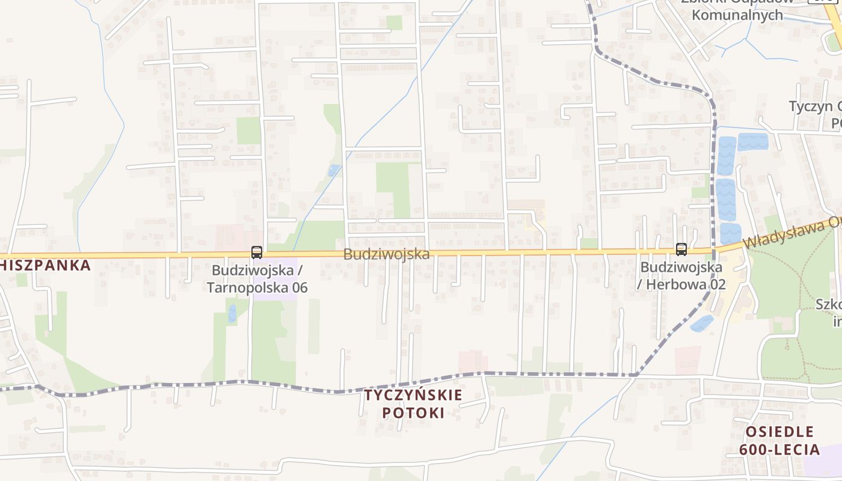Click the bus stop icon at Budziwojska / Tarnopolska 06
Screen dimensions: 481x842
(257, 252)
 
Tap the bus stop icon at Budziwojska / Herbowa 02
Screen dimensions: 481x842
(681, 249)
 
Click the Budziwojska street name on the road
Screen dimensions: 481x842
(386, 254)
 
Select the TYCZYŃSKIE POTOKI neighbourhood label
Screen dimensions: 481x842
(413, 403)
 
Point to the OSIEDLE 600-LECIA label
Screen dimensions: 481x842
(779, 441)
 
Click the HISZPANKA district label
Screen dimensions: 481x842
(45, 265)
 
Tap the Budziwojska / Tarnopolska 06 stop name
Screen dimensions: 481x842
(257, 278)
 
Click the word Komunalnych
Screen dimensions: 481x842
(737, 15)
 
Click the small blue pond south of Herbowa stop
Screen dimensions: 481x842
(702, 323)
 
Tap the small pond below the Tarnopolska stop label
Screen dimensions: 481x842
(232, 313)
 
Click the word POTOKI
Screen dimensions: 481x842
(413, 413)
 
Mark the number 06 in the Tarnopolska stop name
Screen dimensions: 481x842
(298, 287)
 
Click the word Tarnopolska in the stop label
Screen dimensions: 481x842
(247, 287)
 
